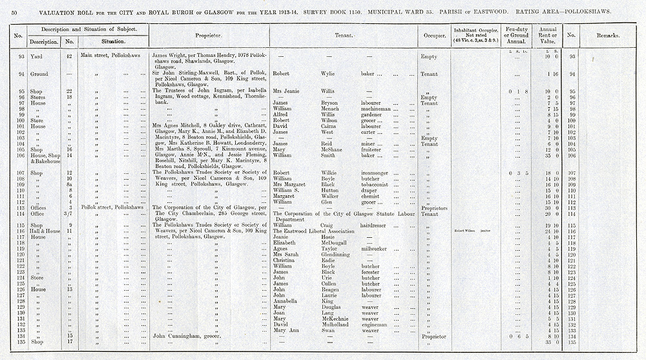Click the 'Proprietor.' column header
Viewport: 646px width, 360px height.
click(x=210, y=36)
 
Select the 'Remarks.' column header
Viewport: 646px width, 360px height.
click(x=609, y=36)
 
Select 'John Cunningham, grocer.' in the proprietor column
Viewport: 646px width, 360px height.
click(x=187, y=337)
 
